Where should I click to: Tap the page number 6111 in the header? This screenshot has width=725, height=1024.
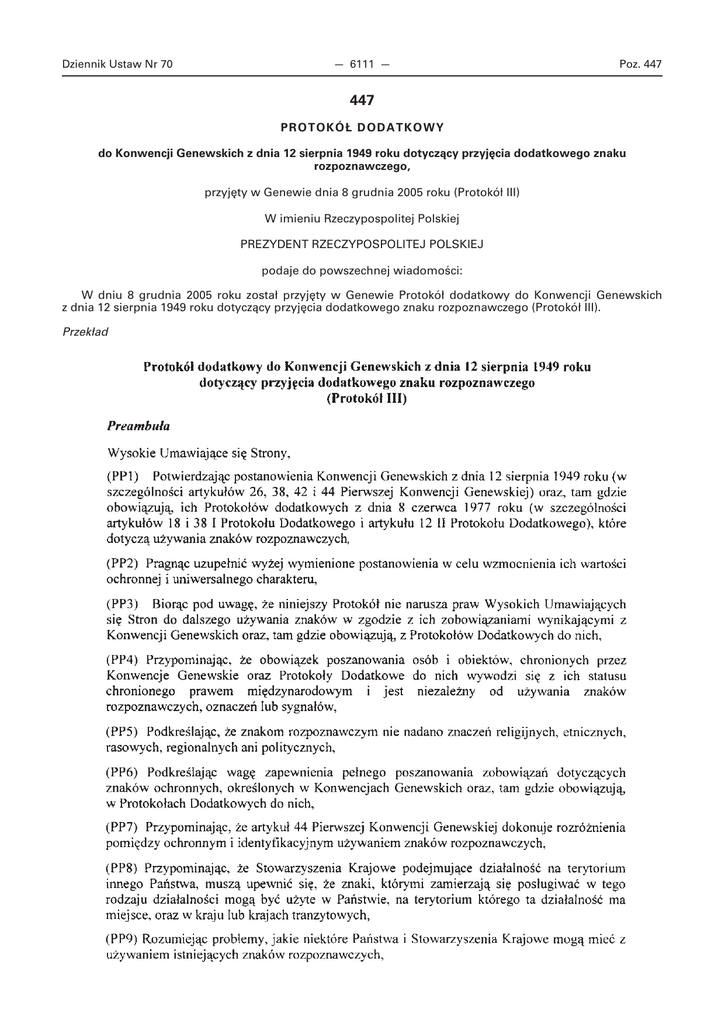click(x=361, y=65)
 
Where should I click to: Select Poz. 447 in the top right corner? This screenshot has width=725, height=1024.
click(x=641, y=65)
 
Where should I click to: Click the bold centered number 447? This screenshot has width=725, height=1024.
click(x=361, y=100)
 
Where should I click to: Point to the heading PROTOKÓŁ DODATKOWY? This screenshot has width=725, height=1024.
click(x=361, y=127)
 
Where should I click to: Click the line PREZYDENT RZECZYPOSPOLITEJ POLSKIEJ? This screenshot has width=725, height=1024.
click(x=361, y=243)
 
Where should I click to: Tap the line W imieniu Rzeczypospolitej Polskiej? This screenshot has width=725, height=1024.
click(x=361, y=217)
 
